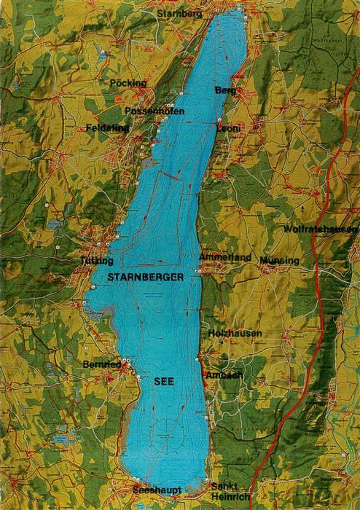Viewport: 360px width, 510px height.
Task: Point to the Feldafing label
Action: point(107,127)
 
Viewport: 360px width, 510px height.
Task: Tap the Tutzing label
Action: point(98,260)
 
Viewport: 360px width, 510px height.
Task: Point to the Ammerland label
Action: point(225,258)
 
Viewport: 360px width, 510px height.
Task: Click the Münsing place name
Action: point(280,260)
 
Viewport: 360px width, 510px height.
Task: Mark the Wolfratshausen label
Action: point(321,229)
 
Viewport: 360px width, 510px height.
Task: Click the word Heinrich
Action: point(227,496)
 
